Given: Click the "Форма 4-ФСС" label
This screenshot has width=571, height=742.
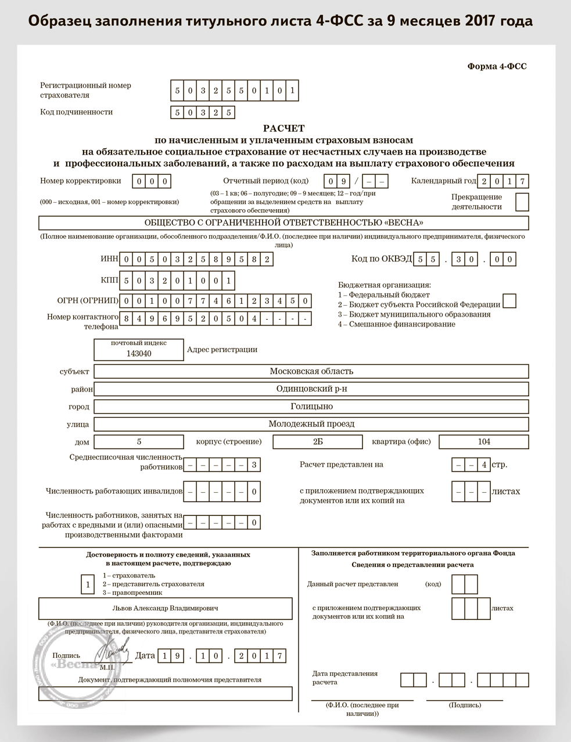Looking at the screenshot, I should pos(497,67).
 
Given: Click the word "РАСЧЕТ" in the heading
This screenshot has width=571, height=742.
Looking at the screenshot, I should pos(283,128).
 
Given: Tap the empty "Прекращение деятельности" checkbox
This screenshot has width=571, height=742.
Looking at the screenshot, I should pos(522,202).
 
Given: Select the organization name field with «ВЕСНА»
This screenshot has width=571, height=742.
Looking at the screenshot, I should pos(283,223).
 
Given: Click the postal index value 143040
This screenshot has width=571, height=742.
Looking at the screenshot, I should pos(139,353).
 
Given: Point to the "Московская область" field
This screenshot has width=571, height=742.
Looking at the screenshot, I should pos(311,371).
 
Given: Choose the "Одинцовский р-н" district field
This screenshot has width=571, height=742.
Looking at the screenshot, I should pos(311,389).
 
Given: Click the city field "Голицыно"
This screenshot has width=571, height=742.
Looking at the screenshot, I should pos(311,407).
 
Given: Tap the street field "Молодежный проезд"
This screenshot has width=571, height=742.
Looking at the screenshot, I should pos(311,424).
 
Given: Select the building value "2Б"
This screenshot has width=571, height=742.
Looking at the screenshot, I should pos(318,442).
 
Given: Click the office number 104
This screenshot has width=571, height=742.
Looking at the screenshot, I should pos(484,442).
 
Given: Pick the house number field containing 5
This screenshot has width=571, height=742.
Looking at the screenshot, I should pos(139,442).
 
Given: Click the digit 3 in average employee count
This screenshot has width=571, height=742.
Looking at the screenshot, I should pos(254,465).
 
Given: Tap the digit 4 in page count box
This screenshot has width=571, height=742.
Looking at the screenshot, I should pos(484,465).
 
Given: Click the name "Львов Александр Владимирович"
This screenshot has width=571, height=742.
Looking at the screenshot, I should pos(166,608).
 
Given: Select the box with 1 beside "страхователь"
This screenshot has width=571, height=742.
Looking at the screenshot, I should pos(88,584).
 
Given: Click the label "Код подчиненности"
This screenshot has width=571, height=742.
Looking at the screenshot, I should pos(76,112).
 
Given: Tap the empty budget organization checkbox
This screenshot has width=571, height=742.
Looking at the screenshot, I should pos(509,301).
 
